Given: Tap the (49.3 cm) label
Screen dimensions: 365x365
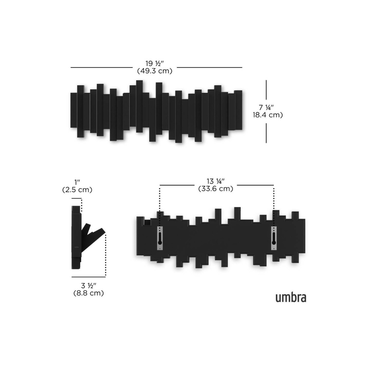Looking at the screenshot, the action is pyautogui.click(x=154, y=71).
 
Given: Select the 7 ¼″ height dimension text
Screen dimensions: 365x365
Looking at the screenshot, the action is pyautogui.click(x=266, y=108).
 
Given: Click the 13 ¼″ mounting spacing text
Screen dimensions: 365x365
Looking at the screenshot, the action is pyautogui.click(x=216, y=181).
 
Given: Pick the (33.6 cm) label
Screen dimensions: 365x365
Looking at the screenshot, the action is pyautogui.click(x=216, y=189).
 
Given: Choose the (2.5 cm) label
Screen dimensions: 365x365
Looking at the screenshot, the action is pyautogui.click(x=77, y=190).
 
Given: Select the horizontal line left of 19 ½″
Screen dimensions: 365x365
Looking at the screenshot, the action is pyautogui.click(x=102, y=67).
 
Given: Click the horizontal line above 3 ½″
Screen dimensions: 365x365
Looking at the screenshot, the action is pyautogui.click(x=88, y=277).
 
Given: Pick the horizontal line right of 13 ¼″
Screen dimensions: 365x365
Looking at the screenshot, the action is pyautogui.click(x=255, y=185).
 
